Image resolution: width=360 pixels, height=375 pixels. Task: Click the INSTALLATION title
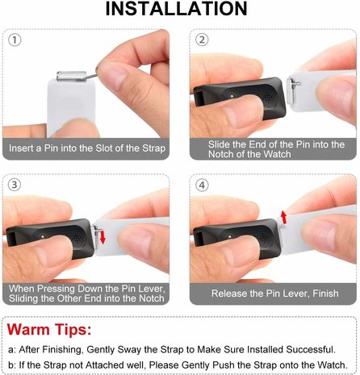(179, 10)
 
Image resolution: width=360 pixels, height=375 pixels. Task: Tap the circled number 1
(17, 40)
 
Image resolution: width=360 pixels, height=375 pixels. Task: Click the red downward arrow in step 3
(101, 236)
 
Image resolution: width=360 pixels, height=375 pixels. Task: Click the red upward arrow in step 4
(283, 215)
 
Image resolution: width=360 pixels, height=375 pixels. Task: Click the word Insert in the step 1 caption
(25, 149)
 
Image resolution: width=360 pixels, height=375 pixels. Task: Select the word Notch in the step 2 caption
(227, 155)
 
